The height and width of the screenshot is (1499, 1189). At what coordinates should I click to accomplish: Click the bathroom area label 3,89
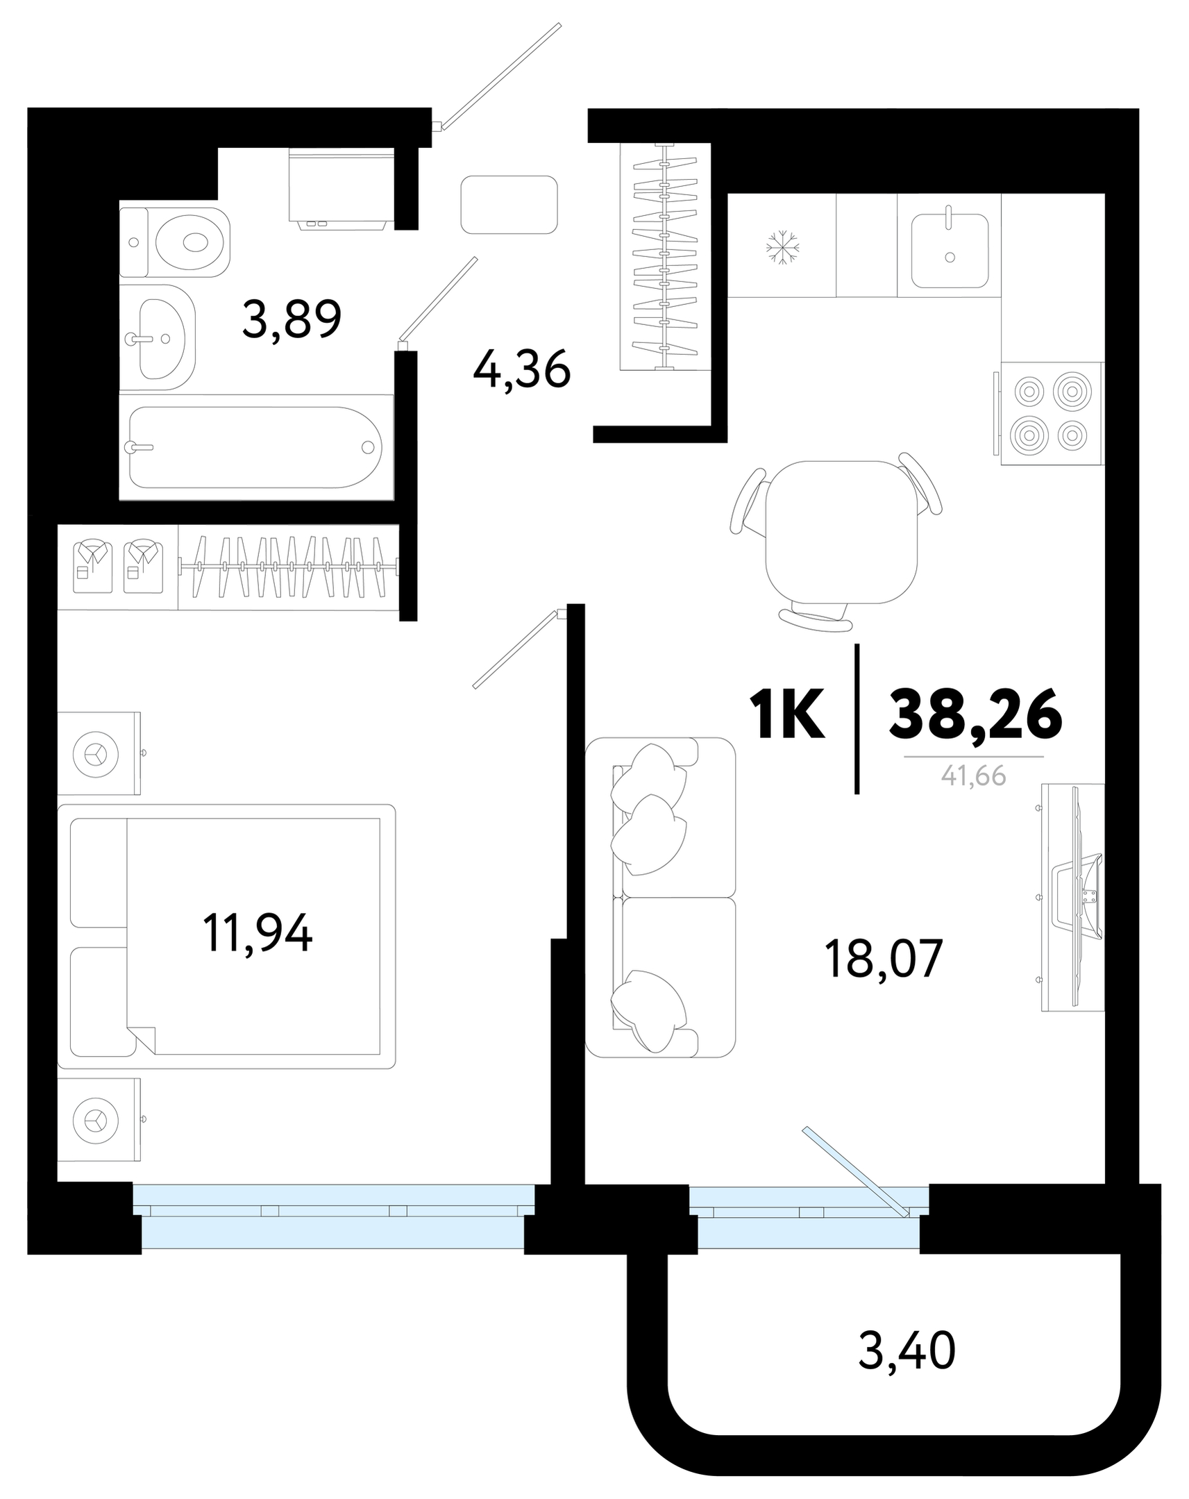coord(291,319)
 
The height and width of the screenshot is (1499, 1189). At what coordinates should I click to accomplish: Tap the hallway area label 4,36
coord(521,370)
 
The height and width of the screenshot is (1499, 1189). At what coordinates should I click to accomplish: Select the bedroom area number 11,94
coord(258,932)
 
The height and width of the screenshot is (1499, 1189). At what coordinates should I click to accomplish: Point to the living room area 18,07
coord(882,957)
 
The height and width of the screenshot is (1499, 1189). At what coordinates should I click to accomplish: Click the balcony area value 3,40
coord(907,1351)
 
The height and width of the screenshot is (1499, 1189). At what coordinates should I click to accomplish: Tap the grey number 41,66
coord(974,776)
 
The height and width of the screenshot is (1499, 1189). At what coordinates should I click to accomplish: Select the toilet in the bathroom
coord(174,241)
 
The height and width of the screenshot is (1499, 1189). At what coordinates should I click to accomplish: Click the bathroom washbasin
coord(158,337)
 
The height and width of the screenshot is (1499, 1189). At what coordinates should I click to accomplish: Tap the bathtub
coord(255,447)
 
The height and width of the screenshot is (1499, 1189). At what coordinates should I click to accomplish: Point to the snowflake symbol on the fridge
coord(782,246)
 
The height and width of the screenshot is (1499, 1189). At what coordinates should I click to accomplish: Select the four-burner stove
coord(1051,414)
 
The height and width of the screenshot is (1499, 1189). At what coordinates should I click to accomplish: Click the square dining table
coord(841,532)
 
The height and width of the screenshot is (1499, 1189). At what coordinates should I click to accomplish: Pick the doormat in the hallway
coord(509,204)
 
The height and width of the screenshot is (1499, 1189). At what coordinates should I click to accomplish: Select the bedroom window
coord(334,1216)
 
